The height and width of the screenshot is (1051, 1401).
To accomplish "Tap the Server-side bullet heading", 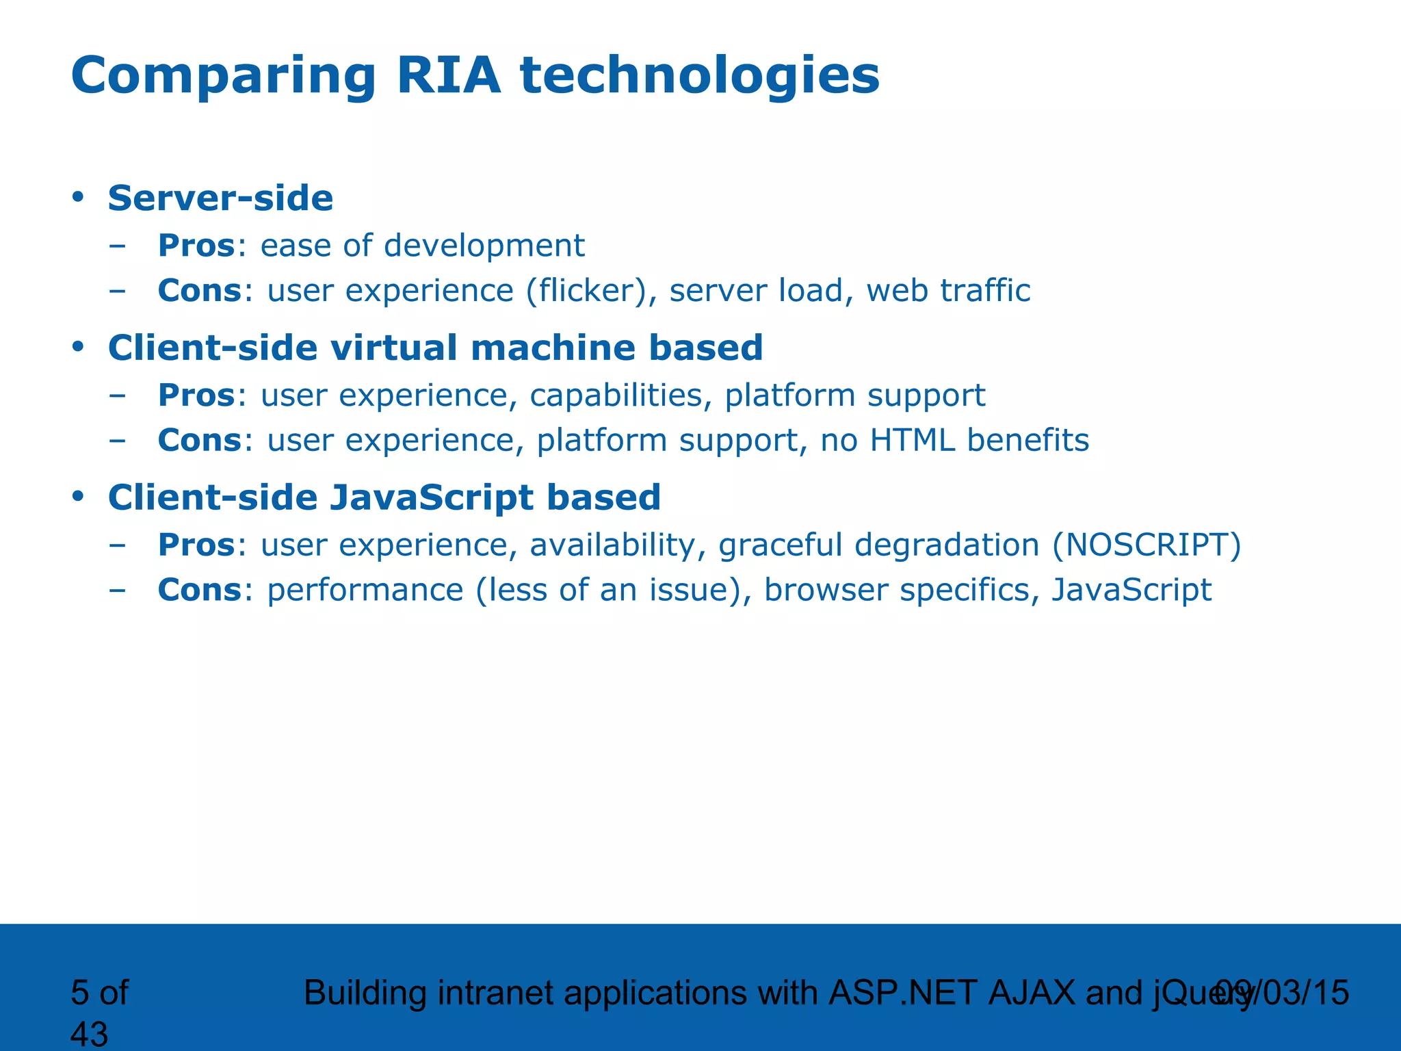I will pos(220,198).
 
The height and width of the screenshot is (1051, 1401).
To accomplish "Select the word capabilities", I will pos(616,396).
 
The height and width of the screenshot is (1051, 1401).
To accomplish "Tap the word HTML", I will pos(912,440).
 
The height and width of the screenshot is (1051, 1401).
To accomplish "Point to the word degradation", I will pos(947,545).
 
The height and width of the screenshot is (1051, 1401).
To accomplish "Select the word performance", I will pos(365,591).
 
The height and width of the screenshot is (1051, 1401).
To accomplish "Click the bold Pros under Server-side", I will pos(196,246).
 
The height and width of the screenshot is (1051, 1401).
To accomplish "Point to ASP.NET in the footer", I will pos(902,993).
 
